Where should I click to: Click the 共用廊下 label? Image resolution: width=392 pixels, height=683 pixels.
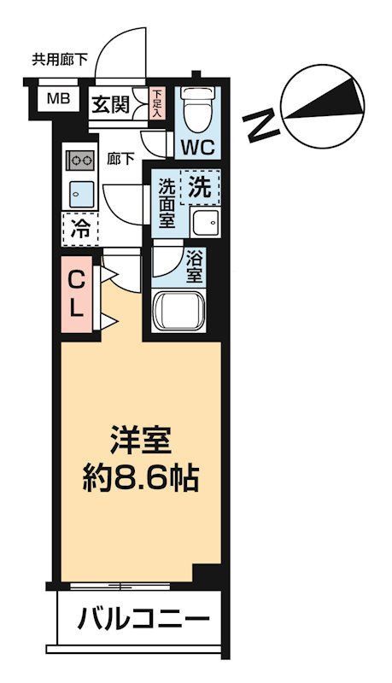pyautogui.click(x=60, y=60)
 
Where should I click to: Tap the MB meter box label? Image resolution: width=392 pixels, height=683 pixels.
pyautogui.click(x=57, y=98)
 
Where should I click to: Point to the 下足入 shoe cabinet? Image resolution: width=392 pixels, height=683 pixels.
pyautogui.click(x=157, y=103)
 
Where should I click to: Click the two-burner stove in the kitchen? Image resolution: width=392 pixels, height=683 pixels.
pyautogui.click(x=82, y=160)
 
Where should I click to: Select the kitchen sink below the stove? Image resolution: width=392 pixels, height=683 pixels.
pyautogui.click(x=81, y=193)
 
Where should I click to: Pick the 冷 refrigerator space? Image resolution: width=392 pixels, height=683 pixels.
pyautogui.click(x=80, y=228)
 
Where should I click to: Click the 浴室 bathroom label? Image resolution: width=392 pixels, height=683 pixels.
pyautogui.click(x=194, y=267)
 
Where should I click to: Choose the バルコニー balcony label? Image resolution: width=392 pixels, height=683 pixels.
pyautogui.click(x=144, y=618)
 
